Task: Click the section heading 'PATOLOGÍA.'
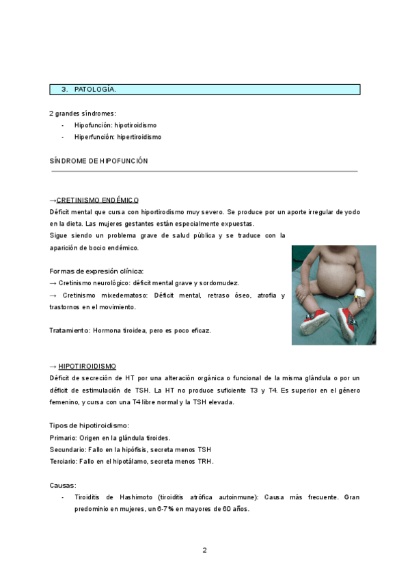(95, 90)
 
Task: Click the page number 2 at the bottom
(204, 550)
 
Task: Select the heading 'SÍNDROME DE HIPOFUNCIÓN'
(99, 161)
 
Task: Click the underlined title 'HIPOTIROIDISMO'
(87, 367)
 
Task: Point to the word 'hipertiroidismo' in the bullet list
(139, 137)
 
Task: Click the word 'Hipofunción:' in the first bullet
(93, 125)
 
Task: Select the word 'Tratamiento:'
(70, 330)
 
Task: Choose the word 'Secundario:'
(68, 449)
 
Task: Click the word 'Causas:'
(63, 485)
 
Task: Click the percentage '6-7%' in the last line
(165, 509)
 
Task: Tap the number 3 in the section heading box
(64, 90)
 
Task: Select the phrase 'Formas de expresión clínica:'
(96, 271)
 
